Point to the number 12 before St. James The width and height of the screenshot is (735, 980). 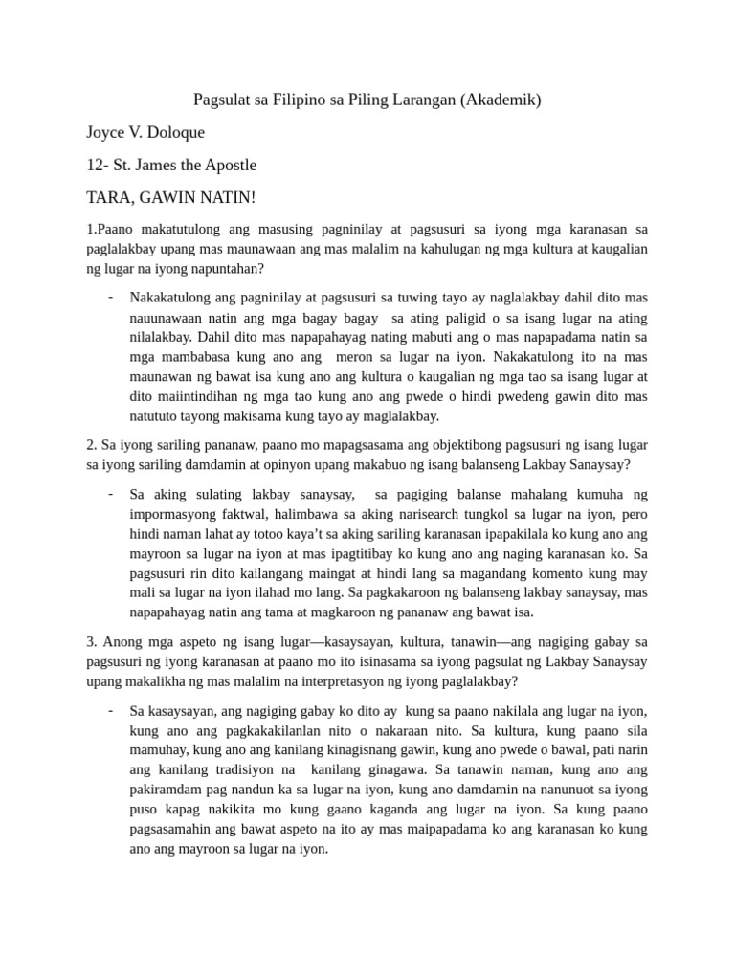95,165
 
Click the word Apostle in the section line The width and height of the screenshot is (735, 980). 226,165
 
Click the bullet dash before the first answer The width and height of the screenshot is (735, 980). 112,295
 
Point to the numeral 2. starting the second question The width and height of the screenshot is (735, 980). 92,445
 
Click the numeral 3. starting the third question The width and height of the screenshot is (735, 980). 92,642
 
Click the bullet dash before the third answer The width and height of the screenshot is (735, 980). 112,709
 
